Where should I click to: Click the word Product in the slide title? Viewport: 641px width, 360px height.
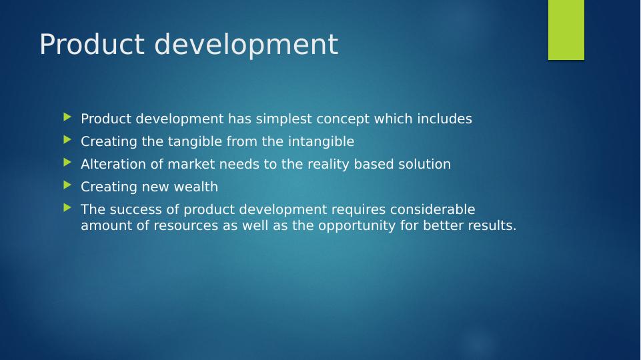92,44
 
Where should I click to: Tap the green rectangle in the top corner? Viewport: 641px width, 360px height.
566,30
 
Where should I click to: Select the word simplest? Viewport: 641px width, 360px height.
283,119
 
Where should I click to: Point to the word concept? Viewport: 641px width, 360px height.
343,119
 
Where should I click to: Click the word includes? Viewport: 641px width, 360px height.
444,119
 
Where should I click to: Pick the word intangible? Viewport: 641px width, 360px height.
321,142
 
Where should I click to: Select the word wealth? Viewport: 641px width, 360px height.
196,187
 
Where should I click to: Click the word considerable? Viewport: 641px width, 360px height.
432,209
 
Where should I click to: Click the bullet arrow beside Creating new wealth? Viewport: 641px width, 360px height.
67,185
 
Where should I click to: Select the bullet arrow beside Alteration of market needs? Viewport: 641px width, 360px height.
67,163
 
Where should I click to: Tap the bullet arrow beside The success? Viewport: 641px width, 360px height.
67,208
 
